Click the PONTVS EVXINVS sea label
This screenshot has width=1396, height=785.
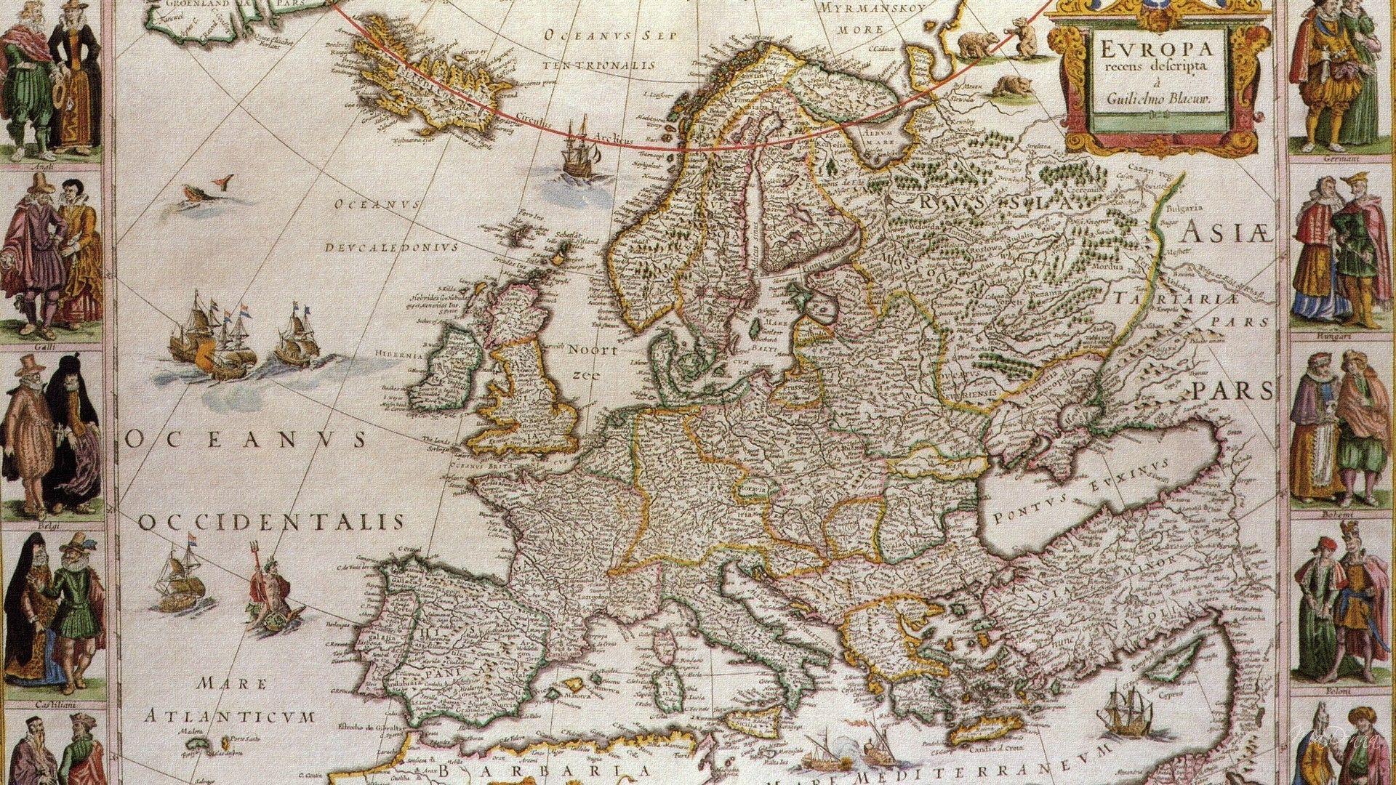1083,494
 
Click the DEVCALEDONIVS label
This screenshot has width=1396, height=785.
392,246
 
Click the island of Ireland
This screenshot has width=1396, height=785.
445,371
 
